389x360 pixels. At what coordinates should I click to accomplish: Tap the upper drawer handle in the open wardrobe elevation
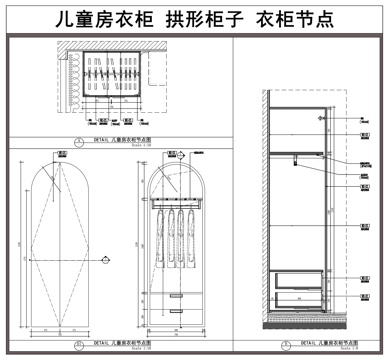[177, 296]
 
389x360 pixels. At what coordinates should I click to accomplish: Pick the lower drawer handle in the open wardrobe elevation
[177, 312]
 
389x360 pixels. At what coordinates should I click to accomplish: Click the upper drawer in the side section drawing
[296, 278]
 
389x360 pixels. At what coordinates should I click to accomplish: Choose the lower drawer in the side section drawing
[296, 297]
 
